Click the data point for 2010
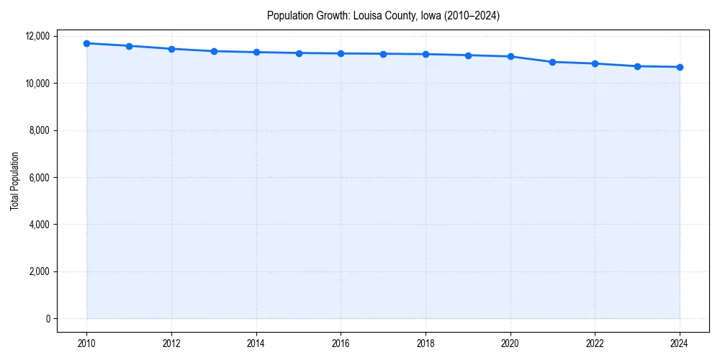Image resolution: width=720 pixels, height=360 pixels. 86,43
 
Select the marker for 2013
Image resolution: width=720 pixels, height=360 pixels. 214,51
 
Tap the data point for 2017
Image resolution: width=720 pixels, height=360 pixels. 383,54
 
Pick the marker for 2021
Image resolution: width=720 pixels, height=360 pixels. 552,62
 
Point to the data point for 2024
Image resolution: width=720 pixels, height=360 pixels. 680,67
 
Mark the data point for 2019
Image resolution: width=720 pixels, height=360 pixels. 468,55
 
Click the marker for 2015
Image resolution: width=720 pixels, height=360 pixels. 299,53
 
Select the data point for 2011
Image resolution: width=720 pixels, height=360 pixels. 129,46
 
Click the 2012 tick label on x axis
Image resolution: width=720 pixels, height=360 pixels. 171,343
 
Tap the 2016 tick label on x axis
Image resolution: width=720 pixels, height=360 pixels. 341,343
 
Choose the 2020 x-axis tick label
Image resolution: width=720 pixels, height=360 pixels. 510,343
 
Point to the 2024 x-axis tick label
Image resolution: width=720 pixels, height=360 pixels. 680,343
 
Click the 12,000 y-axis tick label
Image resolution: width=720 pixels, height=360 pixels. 37,36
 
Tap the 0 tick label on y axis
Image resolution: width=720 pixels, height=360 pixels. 48,318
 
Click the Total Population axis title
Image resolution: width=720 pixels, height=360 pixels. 14,181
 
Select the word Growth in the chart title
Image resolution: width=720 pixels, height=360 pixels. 328,15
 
